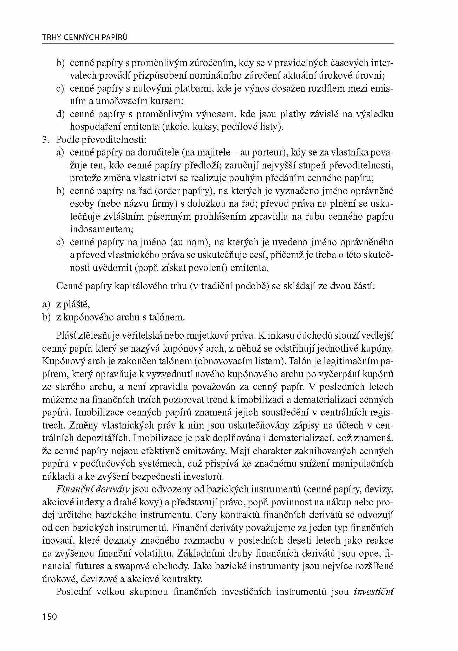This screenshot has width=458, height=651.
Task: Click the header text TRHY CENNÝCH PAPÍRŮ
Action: (x=84, y=38)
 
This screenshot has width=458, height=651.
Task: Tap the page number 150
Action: (x=49, y=616)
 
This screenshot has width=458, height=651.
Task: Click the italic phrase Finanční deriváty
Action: (x=93, y=489)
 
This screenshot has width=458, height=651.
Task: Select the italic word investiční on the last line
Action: (x=373, y=592)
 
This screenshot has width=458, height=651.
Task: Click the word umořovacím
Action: (x=119, y=101)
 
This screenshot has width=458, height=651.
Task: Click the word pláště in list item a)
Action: (x=77, y=304)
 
